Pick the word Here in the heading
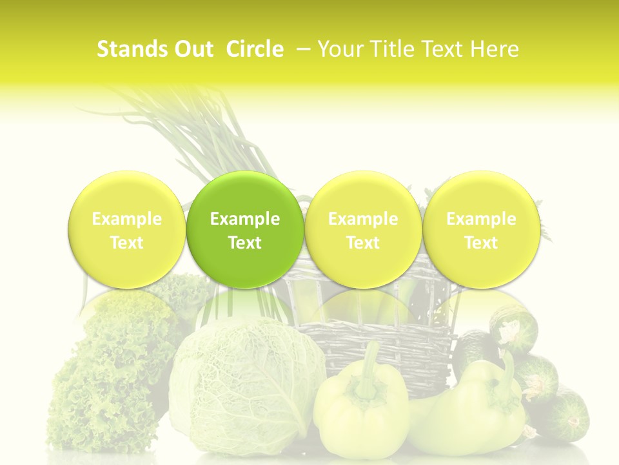pos(495,49)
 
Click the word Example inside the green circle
pos(245,219)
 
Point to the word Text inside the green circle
pos(245,243)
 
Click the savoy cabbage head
pos(245,381)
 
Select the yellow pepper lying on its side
pos(474,404)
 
